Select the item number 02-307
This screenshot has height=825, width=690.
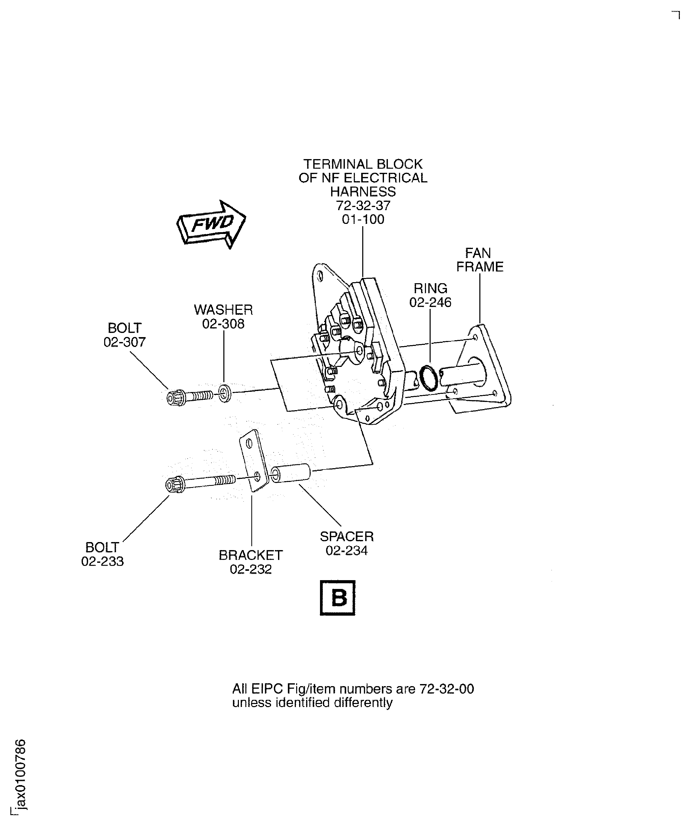coord(125,342)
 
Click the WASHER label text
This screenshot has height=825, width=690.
coord(223,310)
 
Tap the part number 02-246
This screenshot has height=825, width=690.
coord(430,302)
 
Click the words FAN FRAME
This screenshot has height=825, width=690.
coord(479,260)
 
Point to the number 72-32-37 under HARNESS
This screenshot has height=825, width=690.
coord(363,205)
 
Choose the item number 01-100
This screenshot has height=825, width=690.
coord(363,219)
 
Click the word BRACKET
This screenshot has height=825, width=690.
coord(251,555)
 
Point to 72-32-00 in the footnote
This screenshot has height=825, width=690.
coord(446,689)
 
